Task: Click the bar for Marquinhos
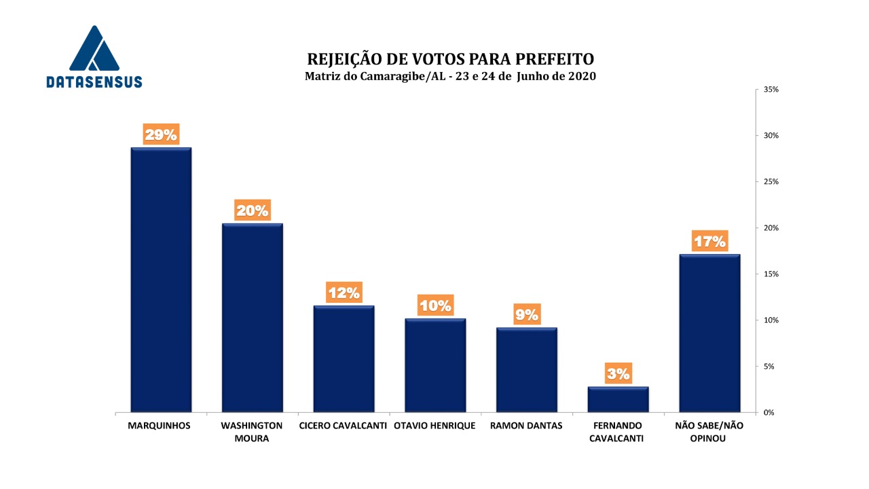tap(161, 280)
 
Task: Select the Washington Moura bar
tap(252, 317)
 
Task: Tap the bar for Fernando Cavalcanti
tap(618, 399)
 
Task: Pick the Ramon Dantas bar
tap(526, 369)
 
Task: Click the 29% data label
tap(161, 134)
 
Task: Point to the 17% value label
tap(709, 241)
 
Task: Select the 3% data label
tap(618, 373)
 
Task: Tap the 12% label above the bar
tap(344, 293)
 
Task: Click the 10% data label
tap(435, 306)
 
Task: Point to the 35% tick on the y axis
tap(771, 90)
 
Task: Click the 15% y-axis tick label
tap(771, 274)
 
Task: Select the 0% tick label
tap(769, 412)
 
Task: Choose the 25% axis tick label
tap(771, 182)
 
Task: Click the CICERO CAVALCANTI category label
tap(344, 426)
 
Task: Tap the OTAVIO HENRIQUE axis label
tap(434, 426)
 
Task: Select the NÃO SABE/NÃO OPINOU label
tap(709, 432)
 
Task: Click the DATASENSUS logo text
tap(94, 81)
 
